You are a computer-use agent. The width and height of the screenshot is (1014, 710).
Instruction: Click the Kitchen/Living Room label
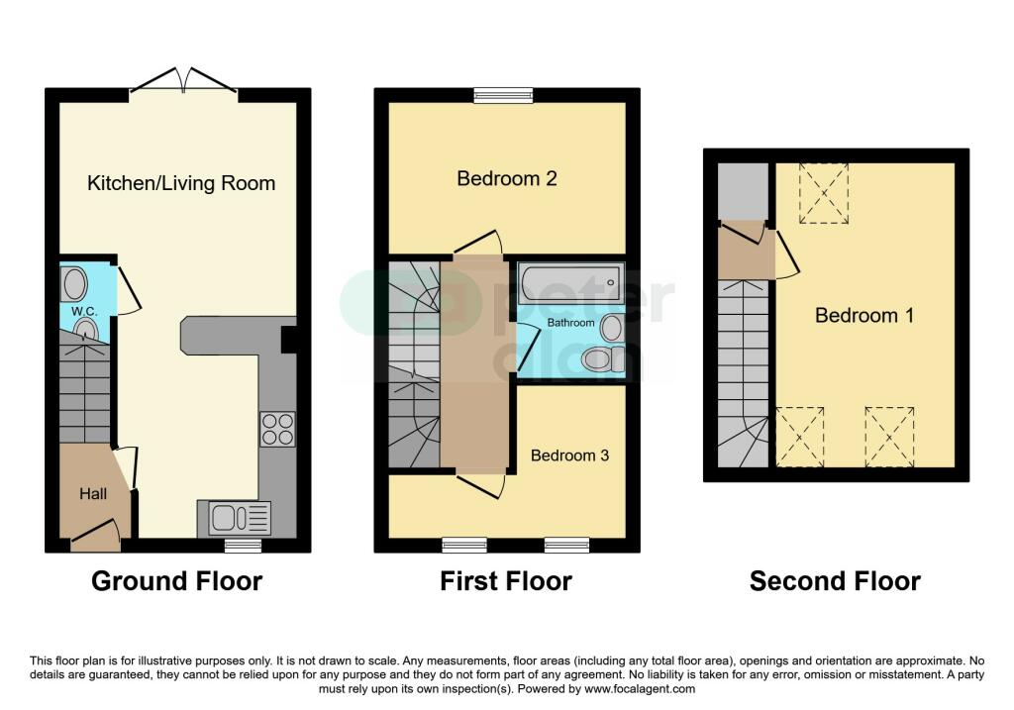tap(181, 183)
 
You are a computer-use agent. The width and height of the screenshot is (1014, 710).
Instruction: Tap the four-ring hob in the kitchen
tap(278, 430)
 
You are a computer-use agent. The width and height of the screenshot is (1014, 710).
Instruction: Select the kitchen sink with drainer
tap(234, 518)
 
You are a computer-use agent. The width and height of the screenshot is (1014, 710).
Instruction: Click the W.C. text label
tap(84, 311)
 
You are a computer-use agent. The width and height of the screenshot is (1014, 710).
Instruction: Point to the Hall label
tap(93, 494)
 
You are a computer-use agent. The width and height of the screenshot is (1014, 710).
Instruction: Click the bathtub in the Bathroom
tap(571, 283)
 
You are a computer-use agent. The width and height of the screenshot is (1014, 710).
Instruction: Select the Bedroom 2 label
tap(507, 178)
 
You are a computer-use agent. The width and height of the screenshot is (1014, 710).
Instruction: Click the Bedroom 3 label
tap(569, 456)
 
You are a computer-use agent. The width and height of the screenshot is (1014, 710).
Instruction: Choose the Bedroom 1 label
tap(863, 316)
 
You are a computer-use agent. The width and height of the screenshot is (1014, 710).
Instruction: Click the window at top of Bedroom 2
tap(504, 95)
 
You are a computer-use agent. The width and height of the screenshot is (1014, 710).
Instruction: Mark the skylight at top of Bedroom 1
tap(824, 193)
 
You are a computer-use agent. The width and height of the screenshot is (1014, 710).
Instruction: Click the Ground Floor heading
tap(176, 580)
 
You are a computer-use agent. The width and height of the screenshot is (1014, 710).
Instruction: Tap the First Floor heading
tap(506, 580)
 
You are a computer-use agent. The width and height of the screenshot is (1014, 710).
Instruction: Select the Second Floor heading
tap(835, 580)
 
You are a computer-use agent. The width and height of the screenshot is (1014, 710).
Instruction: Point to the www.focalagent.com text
tap(640, 688)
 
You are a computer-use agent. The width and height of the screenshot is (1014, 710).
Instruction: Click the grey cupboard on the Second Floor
tap(743, 191)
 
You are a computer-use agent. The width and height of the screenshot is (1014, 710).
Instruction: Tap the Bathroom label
tap(570, 322)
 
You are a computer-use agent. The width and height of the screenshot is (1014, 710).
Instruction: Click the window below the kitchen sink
tap(244, 546)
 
